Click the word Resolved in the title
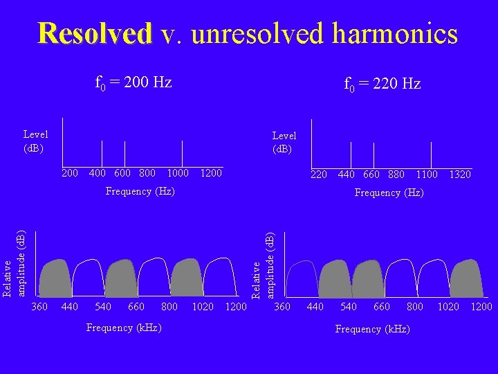(x=95, y=33)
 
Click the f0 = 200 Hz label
(x=133, y=83)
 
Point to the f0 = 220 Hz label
(x=382, y=84)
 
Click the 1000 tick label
(x=178, y=172)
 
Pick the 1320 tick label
(x=459, y=175)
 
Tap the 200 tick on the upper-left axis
(x=70, y=172)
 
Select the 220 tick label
(x=319, y=175)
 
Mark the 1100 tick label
(x=427, y=175)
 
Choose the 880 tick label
(x=396, y=175)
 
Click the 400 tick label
(x=98, y=172)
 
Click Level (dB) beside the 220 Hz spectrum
(x=284, y=142)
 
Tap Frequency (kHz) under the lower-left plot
(x=124, y=327)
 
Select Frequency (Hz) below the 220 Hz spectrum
(x=389, y=193)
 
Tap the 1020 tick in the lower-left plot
(x=203, y=306)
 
